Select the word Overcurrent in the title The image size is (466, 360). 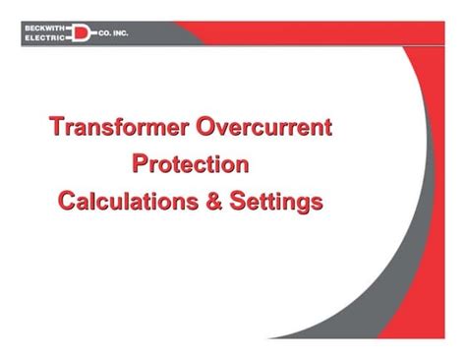[264, 127]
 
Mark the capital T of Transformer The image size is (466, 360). [56, 127]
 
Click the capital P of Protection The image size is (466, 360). [140, 163]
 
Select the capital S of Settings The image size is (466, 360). [239, 201]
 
